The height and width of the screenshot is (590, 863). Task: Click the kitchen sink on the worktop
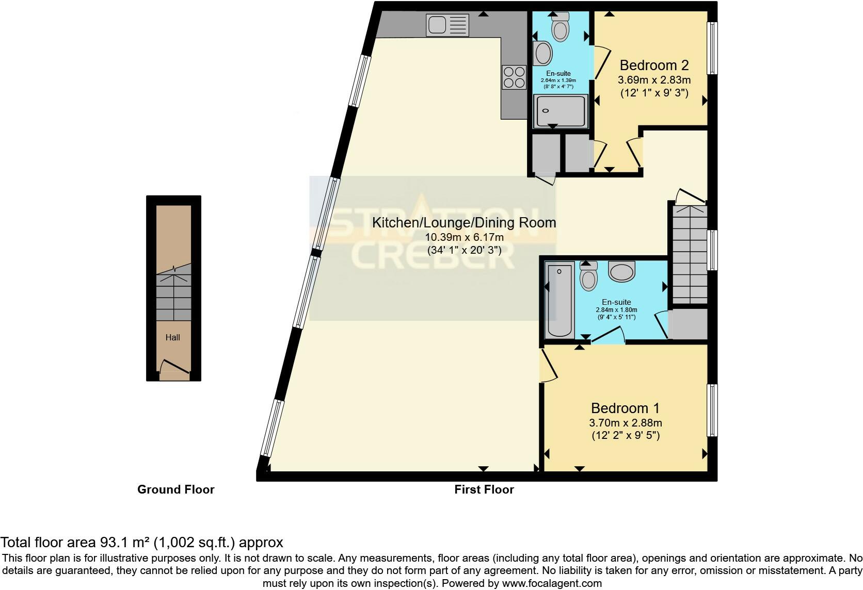point(447,25)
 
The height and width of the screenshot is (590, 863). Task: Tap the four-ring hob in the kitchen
point(514,77)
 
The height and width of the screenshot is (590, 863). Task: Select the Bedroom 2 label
point(654,65)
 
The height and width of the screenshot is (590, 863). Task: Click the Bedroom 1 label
point(625,408)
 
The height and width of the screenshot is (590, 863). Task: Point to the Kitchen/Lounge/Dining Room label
point(464,223)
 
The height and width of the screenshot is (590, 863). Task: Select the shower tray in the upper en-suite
point(560,111)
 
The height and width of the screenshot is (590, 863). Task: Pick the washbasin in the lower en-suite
point(622,271)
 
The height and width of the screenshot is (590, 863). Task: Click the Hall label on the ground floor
point(172,338)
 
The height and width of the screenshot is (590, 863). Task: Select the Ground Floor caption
point(175,489)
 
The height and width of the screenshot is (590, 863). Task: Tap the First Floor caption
point(484,489)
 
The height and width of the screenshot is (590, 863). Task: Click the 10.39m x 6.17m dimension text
point(464,237)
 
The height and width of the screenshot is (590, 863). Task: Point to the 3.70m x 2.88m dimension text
point(625,423)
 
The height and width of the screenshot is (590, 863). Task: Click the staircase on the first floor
point(689,255)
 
